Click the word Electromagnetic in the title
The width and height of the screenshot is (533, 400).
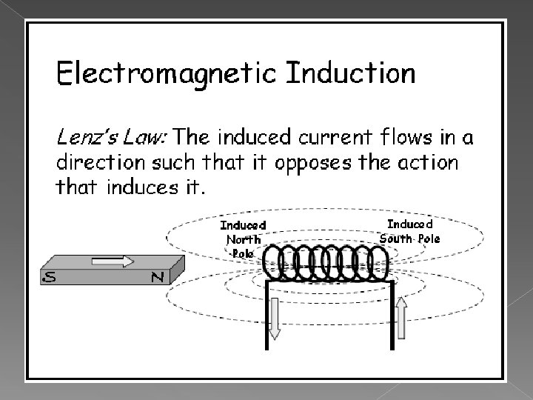[x=167, y=75]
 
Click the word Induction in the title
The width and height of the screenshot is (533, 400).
[x=350, y=74]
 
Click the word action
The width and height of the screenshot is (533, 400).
[x=428, y=161]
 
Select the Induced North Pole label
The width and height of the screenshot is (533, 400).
[x=243, y=238]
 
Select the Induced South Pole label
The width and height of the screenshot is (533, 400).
[x=409, y=230]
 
